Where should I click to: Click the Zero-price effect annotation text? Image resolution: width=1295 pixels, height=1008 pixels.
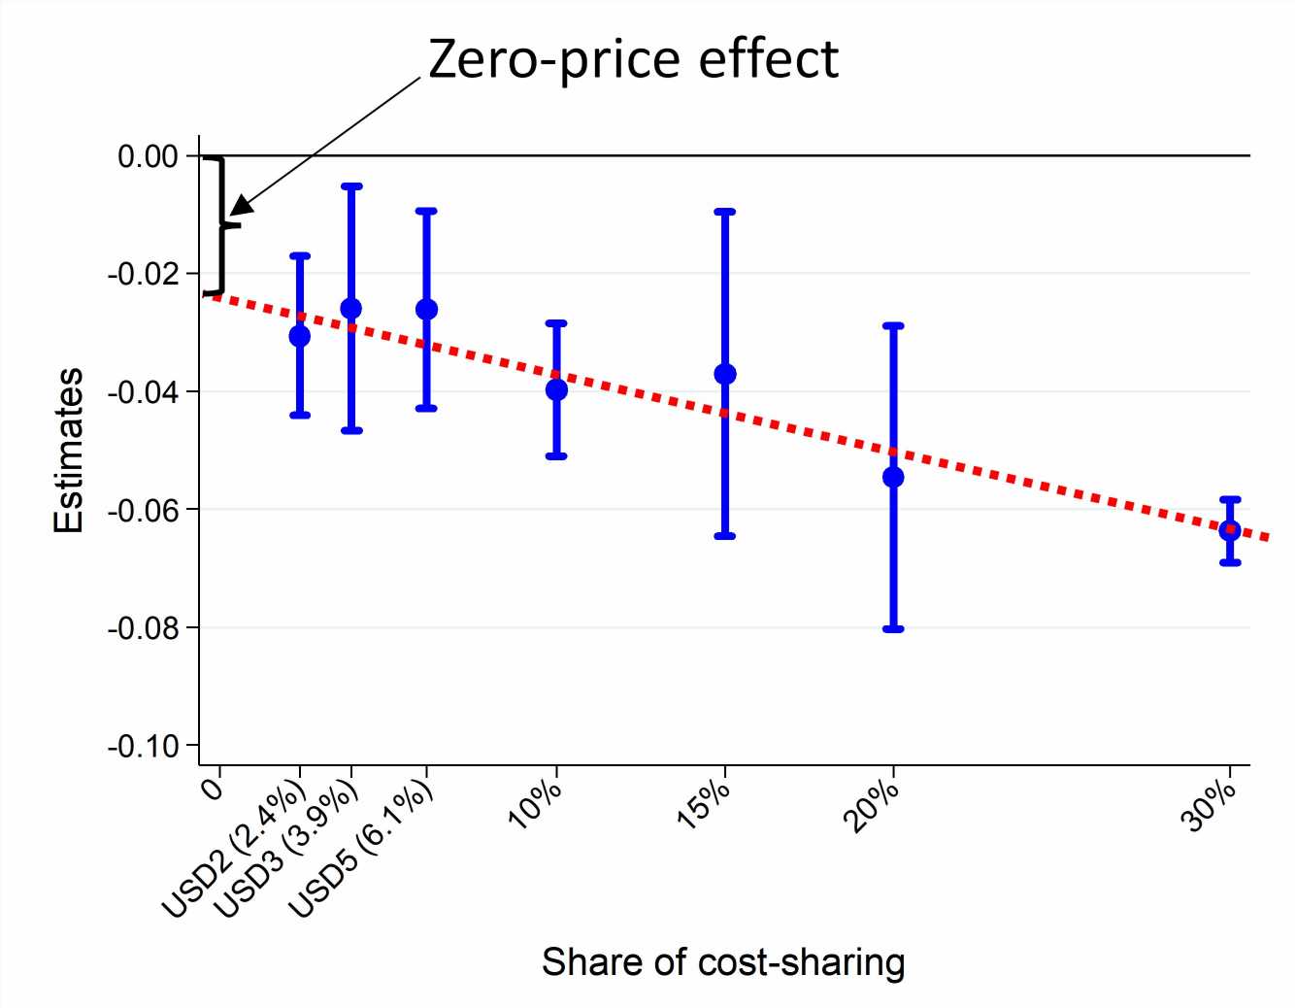point(633,59)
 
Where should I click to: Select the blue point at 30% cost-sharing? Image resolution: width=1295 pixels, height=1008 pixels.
point(1230,530)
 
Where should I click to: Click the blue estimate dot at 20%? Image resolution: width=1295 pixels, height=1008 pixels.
point(893,477)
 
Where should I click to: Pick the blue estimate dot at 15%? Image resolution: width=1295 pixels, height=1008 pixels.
point(725,374)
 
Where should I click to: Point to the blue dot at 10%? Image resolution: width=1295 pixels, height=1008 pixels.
point(556,389)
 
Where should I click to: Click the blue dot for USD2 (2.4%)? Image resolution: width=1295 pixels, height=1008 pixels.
point(300,336)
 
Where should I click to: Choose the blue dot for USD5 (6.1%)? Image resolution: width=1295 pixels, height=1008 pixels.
point(426,310)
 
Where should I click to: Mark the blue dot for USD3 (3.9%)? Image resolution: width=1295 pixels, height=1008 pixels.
point(351,309)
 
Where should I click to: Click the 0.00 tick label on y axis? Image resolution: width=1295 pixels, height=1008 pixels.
point(148,156)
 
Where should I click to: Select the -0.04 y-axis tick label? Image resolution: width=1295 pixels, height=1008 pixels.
point(143,392)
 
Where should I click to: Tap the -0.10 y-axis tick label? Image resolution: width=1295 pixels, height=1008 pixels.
point(143,747)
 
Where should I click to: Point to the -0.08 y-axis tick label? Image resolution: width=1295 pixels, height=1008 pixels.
point(143,628)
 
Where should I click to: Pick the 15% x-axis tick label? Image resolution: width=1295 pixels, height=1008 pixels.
point(703,805)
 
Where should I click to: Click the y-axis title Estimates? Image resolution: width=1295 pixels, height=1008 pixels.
point(69,451)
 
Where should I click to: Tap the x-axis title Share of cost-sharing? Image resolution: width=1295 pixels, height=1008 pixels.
point(723,962)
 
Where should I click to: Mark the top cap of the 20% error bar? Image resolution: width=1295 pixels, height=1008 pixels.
point(893,325)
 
